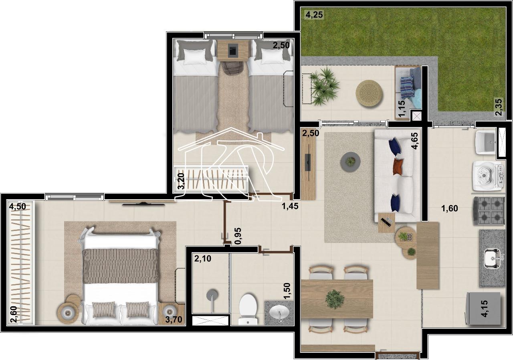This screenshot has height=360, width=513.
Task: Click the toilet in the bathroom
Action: (x=248, y=309)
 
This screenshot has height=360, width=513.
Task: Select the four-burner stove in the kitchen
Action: (x=489, y=210)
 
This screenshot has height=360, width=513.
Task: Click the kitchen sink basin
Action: (x=492, y=258)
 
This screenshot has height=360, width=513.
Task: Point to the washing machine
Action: (x=488, y=176)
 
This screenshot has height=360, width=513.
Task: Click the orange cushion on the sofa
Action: (x=398, y=166)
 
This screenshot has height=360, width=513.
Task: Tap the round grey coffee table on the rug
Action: (x=350, y=162)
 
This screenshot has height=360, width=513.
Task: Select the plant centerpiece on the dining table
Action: (x=335, y=299)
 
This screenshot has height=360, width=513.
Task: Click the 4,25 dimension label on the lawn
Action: (x=314, y=15)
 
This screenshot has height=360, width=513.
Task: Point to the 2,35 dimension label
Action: (x=499, y=107)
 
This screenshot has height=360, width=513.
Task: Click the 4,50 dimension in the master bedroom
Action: (x=17, y=206)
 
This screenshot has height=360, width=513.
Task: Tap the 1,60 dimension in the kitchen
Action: (x=450, y=208)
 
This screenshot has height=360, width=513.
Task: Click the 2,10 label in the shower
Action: (x=203, y=259)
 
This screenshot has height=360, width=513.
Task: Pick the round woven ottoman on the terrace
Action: (x=369, y=93)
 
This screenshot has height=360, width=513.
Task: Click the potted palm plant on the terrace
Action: (x=324, y=86)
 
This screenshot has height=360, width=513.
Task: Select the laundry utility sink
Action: (x=485, y=142)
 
